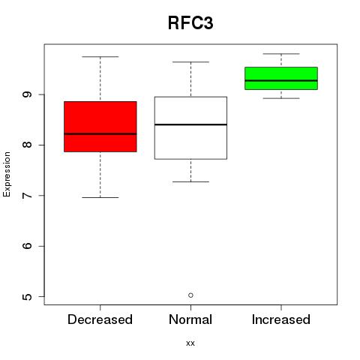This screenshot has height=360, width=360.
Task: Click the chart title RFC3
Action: (190, 23)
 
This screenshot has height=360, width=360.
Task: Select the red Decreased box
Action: (100, 127)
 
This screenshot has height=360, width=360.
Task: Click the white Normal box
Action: (190, 127)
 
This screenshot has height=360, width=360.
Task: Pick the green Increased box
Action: (281, 78)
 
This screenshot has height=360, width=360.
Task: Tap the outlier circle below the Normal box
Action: (190, 295)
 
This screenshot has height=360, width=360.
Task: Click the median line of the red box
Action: (100, 133)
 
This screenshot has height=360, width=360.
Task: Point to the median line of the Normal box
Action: (190, 124)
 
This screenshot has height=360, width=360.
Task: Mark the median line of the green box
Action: (281, 80)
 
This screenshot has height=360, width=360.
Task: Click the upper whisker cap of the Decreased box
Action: (100, 57)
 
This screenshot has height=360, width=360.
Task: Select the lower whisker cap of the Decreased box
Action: (100, 197)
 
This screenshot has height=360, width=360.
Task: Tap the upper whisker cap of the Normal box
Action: (190, 61)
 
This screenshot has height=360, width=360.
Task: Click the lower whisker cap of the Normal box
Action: (190, 181)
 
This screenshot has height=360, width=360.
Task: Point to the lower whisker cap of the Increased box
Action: (281, 98)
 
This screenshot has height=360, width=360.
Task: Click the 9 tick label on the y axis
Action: (27, 94)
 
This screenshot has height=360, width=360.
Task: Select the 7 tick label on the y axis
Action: (27, 196)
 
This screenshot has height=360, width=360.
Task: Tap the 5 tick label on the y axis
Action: (27, 296)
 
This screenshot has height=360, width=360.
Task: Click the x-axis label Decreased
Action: (100, 319)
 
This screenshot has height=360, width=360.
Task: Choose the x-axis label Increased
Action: (281, 319)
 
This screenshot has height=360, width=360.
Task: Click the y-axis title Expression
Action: (7, 174)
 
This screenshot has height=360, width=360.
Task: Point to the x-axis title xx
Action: (190, 343)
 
